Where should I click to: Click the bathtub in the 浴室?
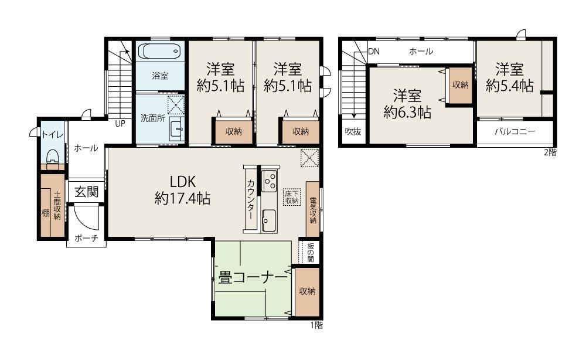point(159,51)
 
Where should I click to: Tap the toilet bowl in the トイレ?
point(53,157)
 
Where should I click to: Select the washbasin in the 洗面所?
point(176,130)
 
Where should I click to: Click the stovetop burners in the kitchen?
point(269,181)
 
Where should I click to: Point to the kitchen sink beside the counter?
point(269,220)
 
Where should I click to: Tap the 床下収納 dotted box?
point(292,197)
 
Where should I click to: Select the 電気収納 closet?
point(313,209)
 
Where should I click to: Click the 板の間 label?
point(311,252)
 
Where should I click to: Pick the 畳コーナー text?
point(253,278)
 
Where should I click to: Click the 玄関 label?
point(86,192)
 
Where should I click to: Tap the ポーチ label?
point(86,238)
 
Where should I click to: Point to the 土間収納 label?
point(57,205)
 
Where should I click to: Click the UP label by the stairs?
point(120,123)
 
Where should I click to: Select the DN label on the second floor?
point(374,51)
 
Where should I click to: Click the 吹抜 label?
point(353,131)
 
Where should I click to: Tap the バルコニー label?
point(515,131)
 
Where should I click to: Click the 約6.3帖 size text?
point(407,112)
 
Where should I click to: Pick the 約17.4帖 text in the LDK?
point(182,198)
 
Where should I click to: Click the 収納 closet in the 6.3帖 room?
point(461,85)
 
